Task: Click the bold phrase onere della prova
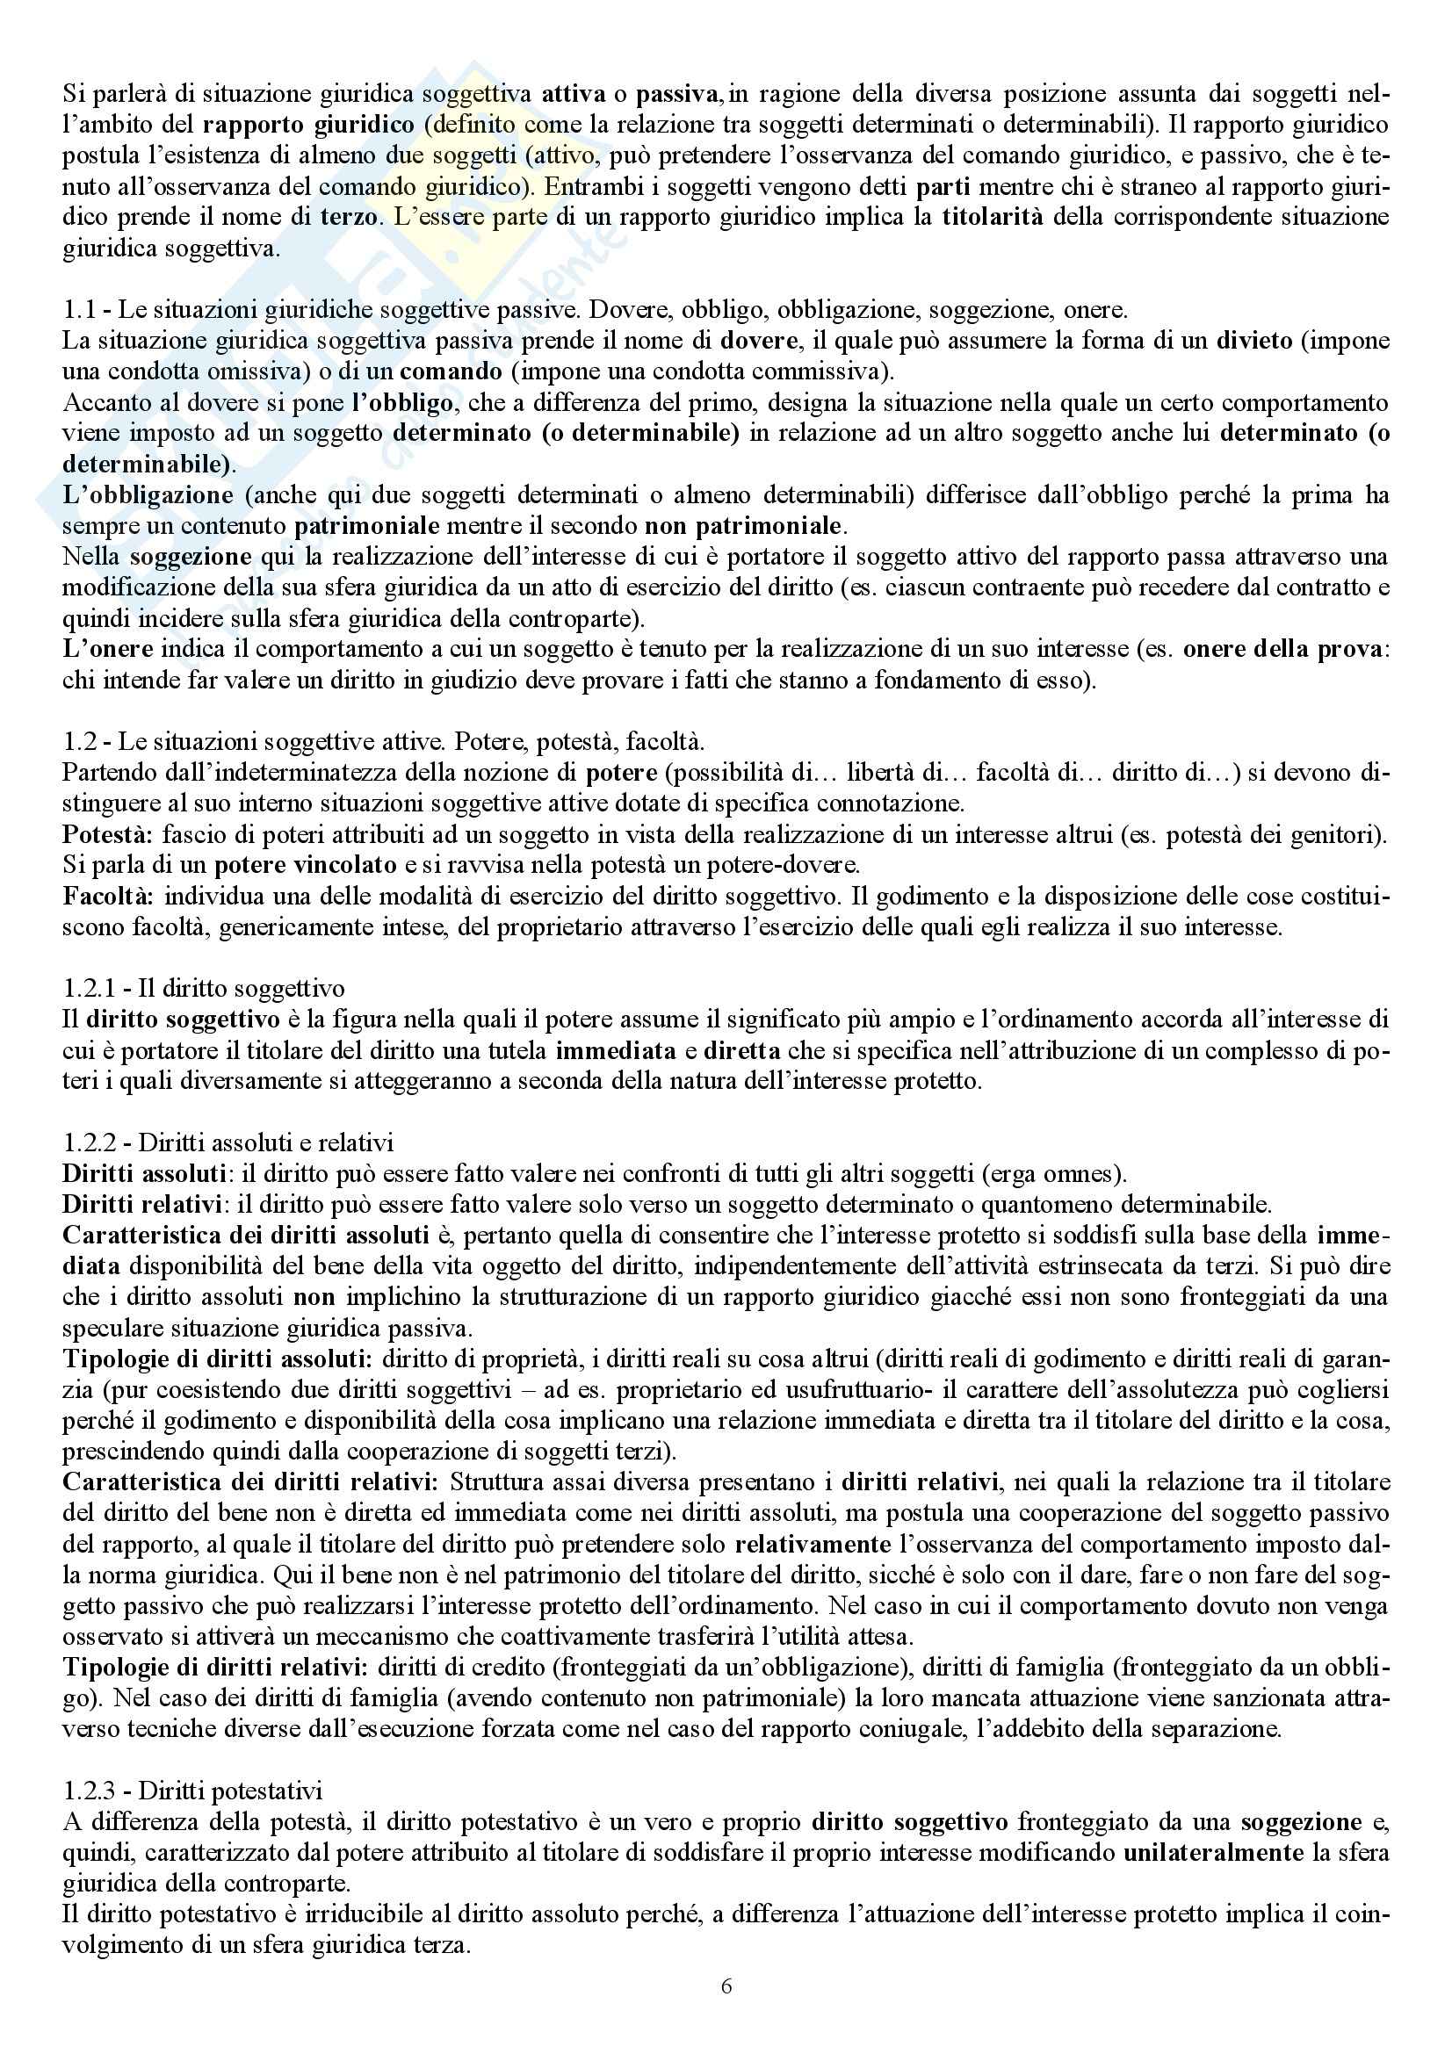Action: pos(1282,650)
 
